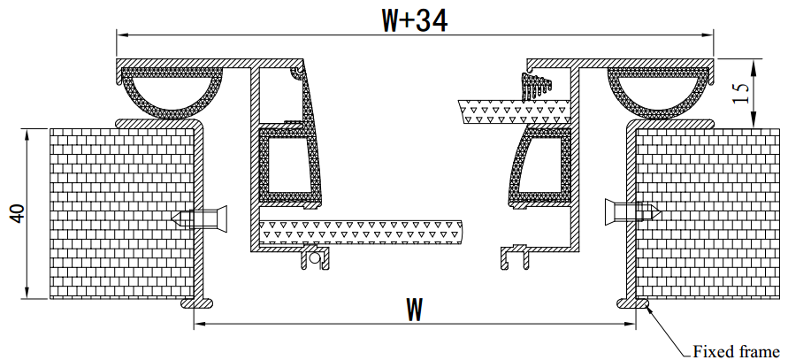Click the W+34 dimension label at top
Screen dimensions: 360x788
(x=415, y=19)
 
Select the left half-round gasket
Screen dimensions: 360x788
(x=172, y=93)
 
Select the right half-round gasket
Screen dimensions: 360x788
(x=660, y=93)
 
